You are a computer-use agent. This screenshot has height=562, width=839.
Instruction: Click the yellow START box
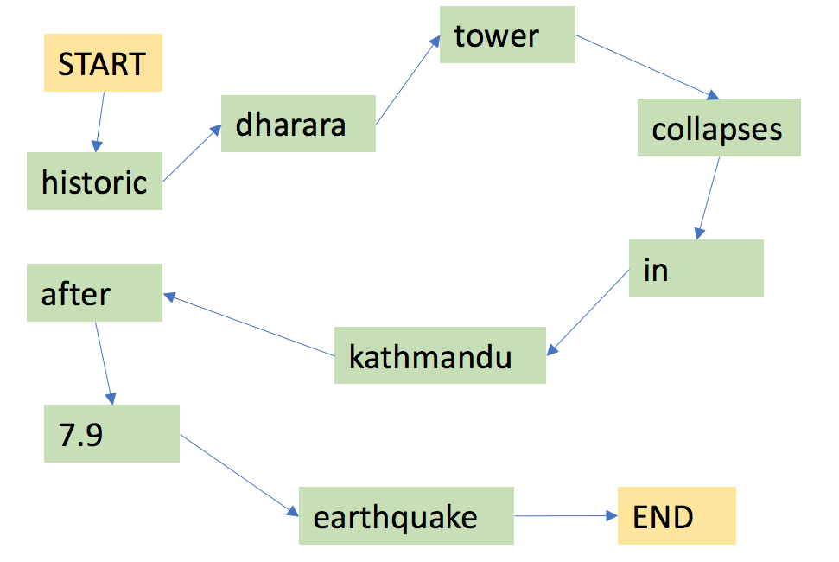(104, 62)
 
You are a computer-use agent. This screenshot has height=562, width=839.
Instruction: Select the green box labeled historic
(95, 181)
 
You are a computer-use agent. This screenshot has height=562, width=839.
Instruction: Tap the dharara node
(299, 124)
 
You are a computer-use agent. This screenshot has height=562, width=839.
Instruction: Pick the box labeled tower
(507, 35)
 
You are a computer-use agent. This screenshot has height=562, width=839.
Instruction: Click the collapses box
(719, 127)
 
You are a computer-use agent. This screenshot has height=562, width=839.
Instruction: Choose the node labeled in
(696, 268)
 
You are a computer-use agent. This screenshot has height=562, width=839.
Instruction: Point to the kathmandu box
(440, 355)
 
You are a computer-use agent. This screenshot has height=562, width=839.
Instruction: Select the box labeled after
(95, 292)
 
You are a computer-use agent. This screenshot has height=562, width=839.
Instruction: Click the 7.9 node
(111, 433)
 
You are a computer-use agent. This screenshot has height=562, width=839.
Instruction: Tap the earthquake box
(406, 515)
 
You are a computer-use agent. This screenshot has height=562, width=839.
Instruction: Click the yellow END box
(677, 515)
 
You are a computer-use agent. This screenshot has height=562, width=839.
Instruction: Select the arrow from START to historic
(100, 122)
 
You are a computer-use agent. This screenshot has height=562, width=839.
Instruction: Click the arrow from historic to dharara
(192, 153)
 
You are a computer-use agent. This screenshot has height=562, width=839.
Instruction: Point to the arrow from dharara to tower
(408, 80)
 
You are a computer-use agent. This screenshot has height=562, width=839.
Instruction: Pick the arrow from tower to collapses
(647, 67)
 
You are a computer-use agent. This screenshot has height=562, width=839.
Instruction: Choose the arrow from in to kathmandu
(588, 312)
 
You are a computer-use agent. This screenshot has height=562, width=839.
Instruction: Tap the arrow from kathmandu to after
(249, 324)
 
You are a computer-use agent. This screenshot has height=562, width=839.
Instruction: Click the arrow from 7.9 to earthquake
(239, 476)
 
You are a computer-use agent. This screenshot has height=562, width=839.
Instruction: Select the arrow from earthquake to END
(566, 516)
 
